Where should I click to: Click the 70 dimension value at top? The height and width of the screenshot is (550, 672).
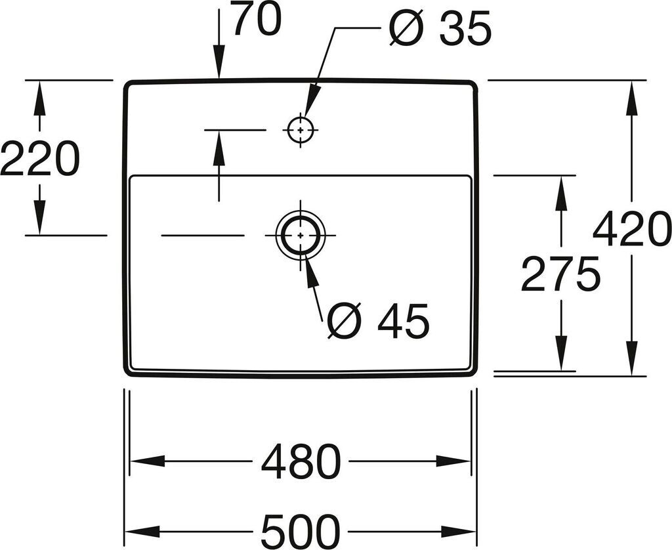click(x=257, y=20)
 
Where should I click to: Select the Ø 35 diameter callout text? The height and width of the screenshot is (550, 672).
click(x=439, y=30)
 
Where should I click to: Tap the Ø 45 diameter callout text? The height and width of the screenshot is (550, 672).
click(x=378, y=321)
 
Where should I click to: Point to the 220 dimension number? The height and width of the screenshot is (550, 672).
click(x=39, y=159)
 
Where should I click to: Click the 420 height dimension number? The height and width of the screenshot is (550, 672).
click(x=631, y=230)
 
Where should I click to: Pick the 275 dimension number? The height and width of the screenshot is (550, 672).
click(x=560, y=274)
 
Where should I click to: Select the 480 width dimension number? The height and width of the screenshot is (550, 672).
click(x=301, y=462)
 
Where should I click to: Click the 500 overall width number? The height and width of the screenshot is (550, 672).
click(x=301, y=531)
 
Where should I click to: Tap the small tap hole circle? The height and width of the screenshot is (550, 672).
click(x=300, y=130)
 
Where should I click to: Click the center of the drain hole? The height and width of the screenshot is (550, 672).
click(x=301, y=234)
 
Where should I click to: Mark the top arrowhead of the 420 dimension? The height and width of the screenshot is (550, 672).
click(x=632, y=96)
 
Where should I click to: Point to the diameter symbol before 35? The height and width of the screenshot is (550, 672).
click(x=406, y=30)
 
